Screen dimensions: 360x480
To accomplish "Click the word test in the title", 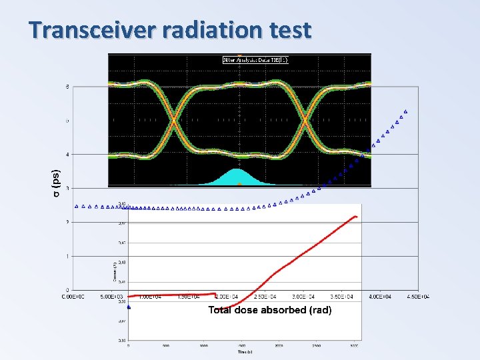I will (288, 30).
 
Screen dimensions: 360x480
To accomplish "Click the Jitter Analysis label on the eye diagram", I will (255, 60).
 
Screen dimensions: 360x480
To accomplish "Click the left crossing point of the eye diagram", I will (175, 120).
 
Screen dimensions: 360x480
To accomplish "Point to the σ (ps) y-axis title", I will (57, 182).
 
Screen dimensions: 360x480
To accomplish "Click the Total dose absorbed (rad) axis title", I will (269, 310).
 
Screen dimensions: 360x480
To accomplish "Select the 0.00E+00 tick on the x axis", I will (75, 297).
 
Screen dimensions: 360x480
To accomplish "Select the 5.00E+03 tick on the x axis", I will (113, 297).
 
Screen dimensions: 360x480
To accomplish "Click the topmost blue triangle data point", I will (405, 111).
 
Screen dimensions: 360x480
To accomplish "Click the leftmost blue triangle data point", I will (77, 206).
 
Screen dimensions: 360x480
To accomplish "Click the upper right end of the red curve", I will (356, 216).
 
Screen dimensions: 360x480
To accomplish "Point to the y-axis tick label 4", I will (67, 154).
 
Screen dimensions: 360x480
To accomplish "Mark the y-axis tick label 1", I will (67, 256).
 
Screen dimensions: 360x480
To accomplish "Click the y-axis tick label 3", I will (67, 188).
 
